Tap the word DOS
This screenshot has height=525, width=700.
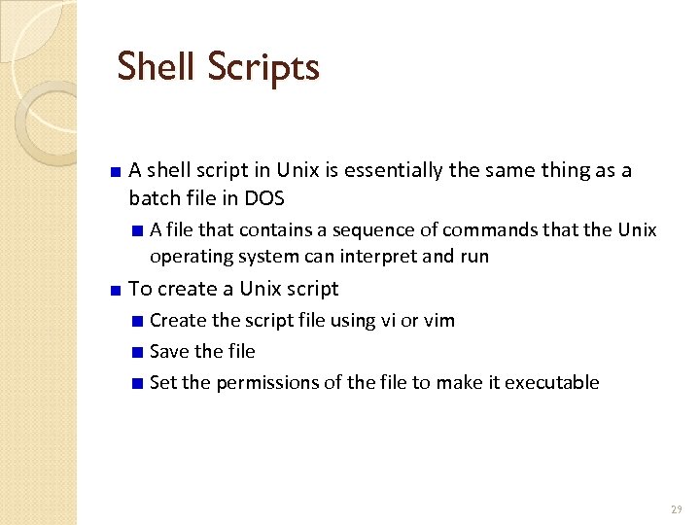click(x=264, y=197)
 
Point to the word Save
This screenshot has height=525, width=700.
click(x=170, y=351)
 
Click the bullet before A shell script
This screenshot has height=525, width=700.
click(x=115, y=172)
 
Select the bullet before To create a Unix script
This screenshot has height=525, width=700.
click(x=115, y=290)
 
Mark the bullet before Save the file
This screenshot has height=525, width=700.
click(x=139, y=352)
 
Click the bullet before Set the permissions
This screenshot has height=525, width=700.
click(x=139, y=383)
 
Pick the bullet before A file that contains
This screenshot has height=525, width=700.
click(x=139, y=230)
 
